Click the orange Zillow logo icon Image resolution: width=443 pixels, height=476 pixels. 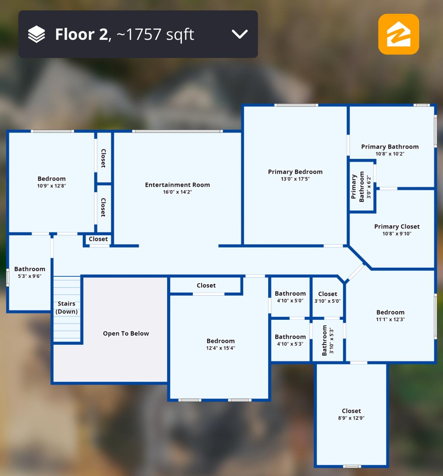coord(399,34)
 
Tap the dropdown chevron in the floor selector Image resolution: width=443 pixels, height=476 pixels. coord(240,34)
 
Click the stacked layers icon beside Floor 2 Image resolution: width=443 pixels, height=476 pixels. coord(37,34)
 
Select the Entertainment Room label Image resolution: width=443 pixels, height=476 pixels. coord(178,185)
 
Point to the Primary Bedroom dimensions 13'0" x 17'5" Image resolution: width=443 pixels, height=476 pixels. coord(295,179)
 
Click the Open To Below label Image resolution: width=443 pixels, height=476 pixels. coord(126,334)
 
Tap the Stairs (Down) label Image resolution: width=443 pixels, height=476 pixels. coord(67,308)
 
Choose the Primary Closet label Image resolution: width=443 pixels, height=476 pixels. coord(397,226)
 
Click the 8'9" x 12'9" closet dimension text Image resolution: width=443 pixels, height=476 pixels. coord(351,418)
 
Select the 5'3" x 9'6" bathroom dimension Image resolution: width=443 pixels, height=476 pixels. coord(30,276)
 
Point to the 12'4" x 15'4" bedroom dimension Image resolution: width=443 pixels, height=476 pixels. coord(221,348)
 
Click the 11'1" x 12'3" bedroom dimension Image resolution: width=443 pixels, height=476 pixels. coord(390,319)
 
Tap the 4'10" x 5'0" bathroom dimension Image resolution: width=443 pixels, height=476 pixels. coord(290,300)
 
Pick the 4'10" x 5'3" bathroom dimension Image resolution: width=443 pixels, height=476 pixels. coord(290,344)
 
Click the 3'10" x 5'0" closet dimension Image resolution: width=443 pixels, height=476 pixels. coord(327,301)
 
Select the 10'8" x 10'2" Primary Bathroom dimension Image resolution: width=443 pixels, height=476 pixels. coord(390,154)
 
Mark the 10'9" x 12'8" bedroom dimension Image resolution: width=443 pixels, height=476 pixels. coord(51,186)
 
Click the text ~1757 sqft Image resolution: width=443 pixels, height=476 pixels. coord(155,35)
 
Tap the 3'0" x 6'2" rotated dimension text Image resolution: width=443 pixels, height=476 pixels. coord(369,188)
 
